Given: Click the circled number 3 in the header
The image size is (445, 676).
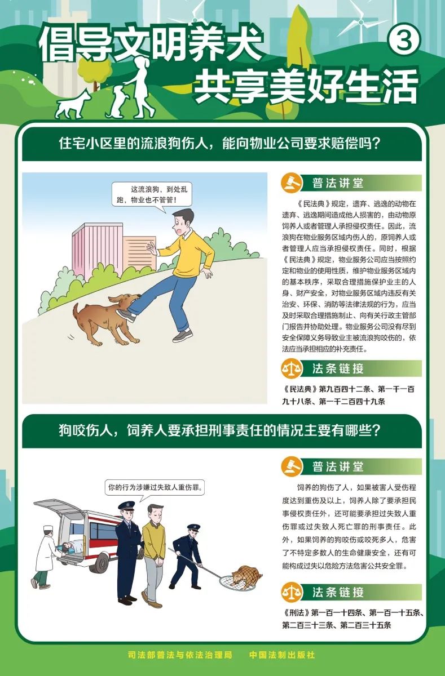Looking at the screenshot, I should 401,41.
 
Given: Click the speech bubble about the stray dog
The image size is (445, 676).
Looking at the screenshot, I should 153,195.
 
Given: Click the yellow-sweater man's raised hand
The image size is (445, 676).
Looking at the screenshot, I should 151,248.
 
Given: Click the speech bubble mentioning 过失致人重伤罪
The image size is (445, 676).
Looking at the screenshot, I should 155,486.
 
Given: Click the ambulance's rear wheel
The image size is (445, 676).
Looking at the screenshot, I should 103,562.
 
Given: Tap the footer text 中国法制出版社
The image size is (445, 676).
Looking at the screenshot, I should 282,655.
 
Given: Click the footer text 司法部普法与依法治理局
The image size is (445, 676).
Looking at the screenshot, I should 180,655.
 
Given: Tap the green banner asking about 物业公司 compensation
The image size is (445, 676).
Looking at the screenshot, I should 222,143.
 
